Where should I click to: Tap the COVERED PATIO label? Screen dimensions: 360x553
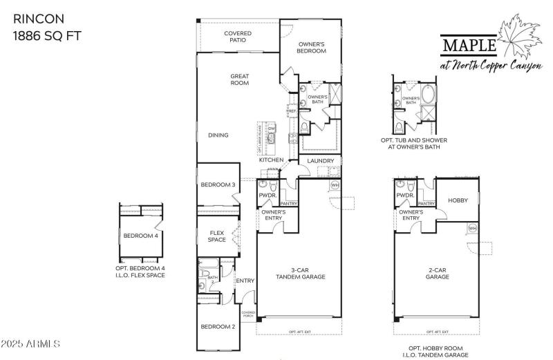237,37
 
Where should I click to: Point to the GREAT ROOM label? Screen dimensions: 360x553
239,79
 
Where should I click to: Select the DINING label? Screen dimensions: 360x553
218,135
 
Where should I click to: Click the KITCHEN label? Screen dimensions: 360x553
271,160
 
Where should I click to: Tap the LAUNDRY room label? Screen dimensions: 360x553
320,161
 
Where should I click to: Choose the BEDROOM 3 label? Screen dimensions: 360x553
218,184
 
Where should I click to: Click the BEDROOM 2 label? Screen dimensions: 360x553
218,326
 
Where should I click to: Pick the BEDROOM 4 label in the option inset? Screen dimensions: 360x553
140,236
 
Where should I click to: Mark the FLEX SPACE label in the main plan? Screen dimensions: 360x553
217,236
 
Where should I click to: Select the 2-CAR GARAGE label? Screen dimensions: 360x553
438,274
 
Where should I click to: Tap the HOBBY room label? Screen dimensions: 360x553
458,200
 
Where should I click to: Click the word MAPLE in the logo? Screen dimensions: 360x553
469,45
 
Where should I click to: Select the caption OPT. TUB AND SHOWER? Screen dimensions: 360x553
413,140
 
